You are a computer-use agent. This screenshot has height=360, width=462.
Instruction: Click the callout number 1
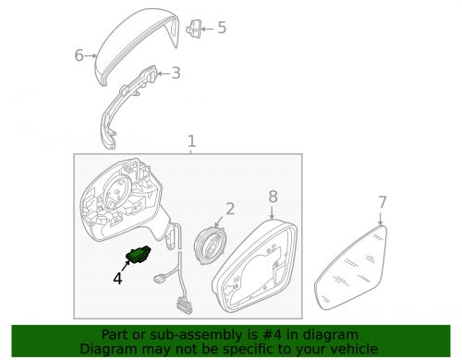coord(191,141)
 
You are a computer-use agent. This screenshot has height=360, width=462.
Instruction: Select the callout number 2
coord(230,209)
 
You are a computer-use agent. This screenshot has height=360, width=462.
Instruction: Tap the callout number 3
coord(176,73)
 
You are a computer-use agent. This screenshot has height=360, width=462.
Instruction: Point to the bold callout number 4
coord(117,278)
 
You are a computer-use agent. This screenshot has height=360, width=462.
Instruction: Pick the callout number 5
coord(222,28)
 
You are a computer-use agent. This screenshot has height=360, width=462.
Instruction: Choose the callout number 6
coord(79,55)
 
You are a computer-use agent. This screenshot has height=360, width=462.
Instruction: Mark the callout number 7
coord(383,202)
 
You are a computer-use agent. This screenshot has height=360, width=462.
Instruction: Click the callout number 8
coord(273,197)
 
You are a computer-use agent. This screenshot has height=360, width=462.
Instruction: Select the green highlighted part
coord(138,254)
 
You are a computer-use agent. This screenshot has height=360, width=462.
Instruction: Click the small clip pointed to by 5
coord(194,29)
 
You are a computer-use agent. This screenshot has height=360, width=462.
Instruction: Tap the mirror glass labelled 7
coord(351,268)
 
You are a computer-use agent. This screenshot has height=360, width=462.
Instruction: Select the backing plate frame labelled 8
coord(255,266)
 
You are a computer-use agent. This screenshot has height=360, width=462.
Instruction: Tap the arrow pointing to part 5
coord(207,29)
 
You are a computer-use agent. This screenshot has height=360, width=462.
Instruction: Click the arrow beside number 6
coord(91,56)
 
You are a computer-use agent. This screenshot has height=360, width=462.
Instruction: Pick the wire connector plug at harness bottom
coord(184,306)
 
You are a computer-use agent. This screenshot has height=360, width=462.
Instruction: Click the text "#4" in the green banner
coord(270,334)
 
